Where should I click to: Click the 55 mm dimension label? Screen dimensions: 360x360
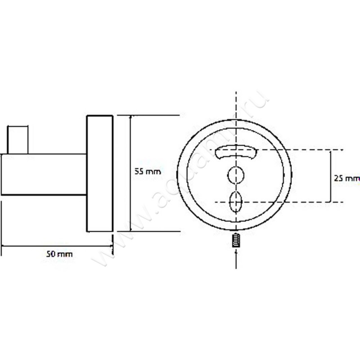[x=148, y=171]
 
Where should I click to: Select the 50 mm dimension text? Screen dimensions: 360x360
[x=59, y=254]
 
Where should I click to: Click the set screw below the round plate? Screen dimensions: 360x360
[x=236, y=240]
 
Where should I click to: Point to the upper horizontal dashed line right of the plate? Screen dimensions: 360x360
[x=315, y=149]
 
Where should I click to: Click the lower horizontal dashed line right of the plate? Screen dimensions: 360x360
[x=315, y=202]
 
